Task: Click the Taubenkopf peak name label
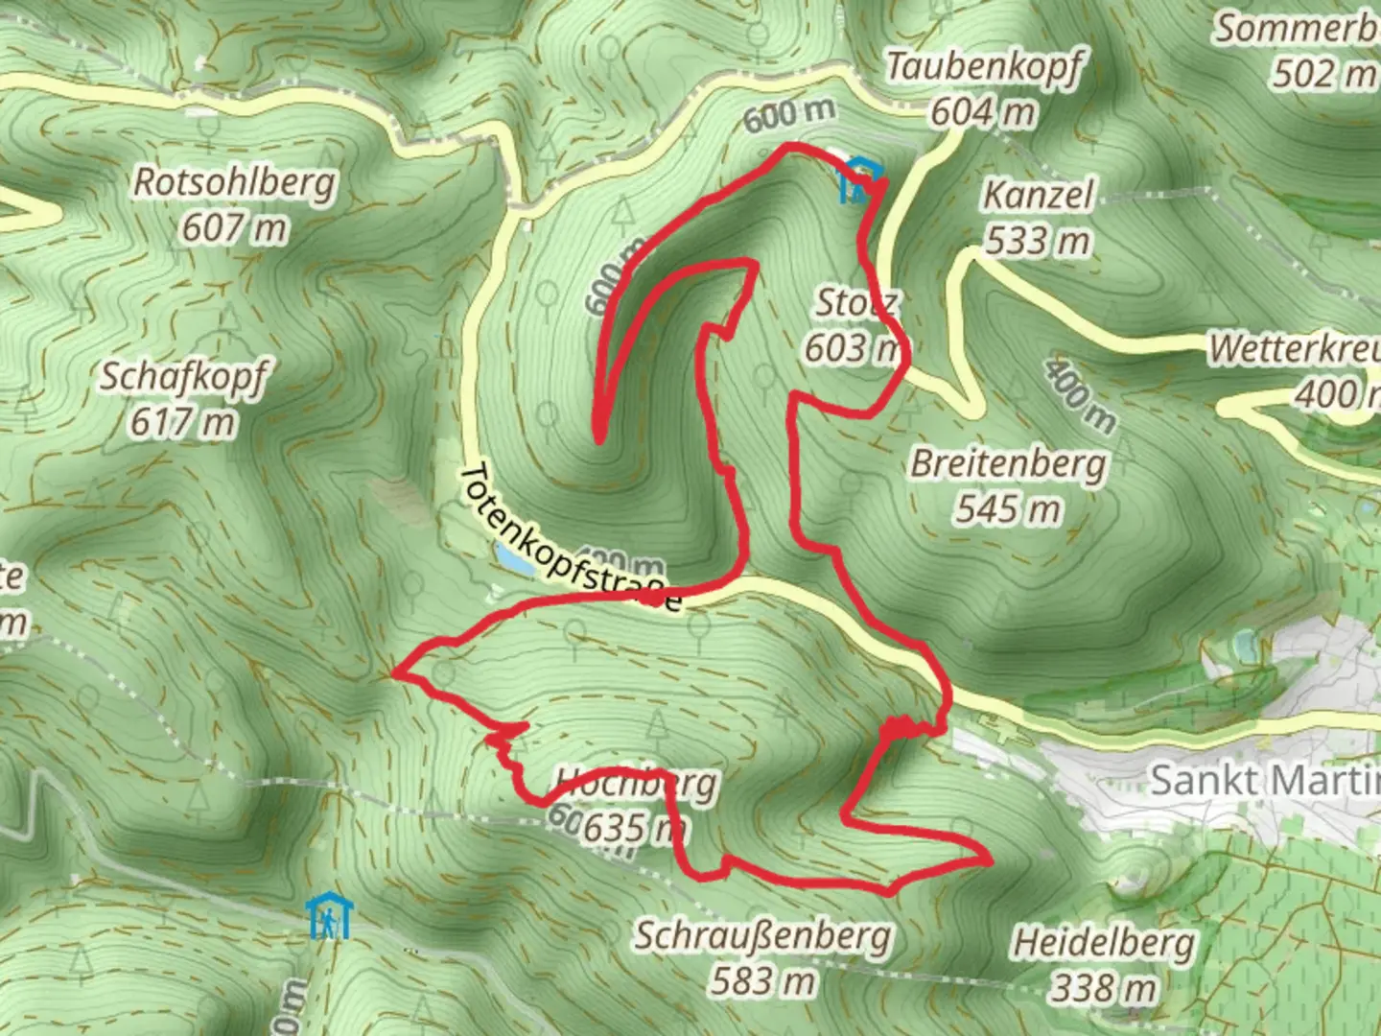pyautogui.click(x=985, y=67)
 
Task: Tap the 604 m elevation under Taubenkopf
pyautogui.click(x=983, y=113)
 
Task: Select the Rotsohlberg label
pyautogui.click(x=235, y=181)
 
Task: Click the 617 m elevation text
pyautogui.click(x=183, y=422)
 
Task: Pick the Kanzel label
pyautogui.click(x=1039, y=196)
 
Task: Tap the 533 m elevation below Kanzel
pyautogui.click(x=1039, y=240)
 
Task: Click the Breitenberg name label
pyautogui.click(x=1008, y=463)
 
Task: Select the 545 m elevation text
pyautogui.click(x=1008, y=508)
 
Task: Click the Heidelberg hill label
pyautogui.click(x=1105, y=943)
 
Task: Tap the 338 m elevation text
pyautogui.click(x=1105, y=987)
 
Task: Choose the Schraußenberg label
pyautogui.click(x=762, y=935)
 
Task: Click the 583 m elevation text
pyautogui.click(x=762, y=980)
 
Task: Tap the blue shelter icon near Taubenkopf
pyautogui.click(x=860, y=180)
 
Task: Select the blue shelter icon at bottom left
pyautogui.click(x=329, y=918)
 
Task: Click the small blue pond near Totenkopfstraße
pyautogui.click(x=514, y=560)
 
